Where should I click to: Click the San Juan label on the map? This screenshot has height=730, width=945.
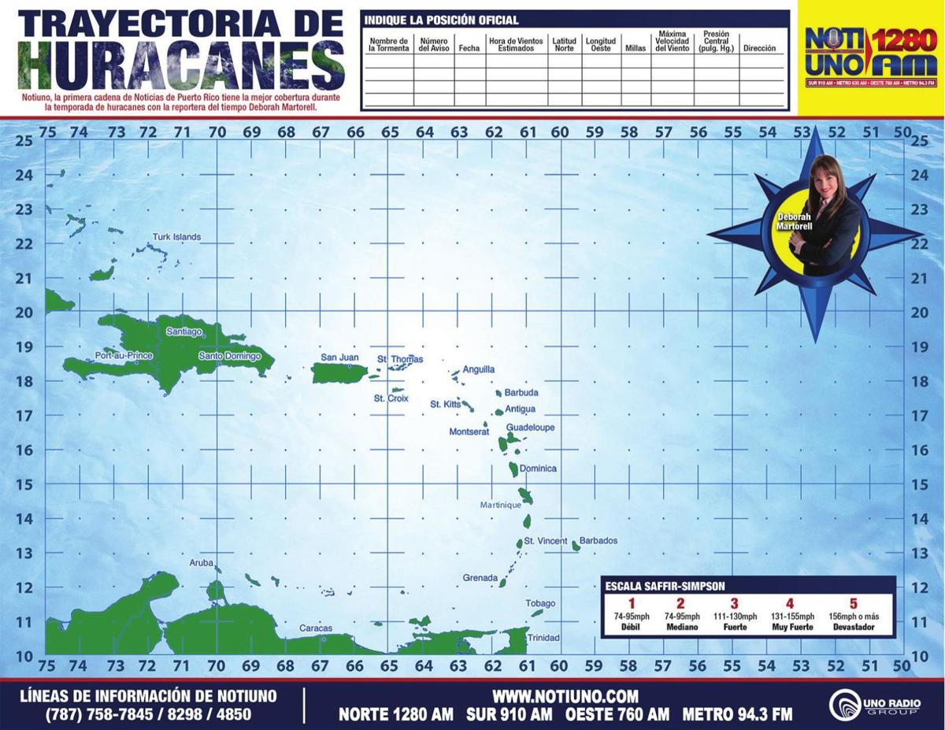pyautogui.click(x=339, y=358)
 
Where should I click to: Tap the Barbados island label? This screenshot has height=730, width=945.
pyautogui.click(x=598, y=541)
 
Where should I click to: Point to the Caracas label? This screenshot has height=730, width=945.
pyautogui.click(x=315, y=628)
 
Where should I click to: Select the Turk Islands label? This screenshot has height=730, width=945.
pyautogui.click(x=176, y=237)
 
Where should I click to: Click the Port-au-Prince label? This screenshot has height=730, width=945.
pyautogui.click(x=123, y=355)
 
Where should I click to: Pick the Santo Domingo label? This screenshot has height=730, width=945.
pyautogui.click(x=229, y=356)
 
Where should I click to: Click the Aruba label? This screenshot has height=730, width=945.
pyautogui.click(x=201, y=563)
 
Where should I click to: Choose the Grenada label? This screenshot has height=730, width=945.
pyautogui.click(x=480, y=578)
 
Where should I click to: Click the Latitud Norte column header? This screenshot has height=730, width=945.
pyautogui.click(x=564, y=44)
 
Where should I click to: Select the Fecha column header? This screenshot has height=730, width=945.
pyautogui.click(x=469, y=48)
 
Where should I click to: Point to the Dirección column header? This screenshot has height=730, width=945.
pyautogui.click(x=759, y=48)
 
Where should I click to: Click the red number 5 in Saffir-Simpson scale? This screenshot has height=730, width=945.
pyautogui.click(x=853, y=604)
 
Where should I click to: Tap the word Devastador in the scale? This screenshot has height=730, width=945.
pyautogui.click(x=853, y=628)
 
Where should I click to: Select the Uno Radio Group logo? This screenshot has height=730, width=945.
pyautogui.click(x=873, y=701)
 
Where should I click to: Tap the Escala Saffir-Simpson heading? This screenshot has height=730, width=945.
pyautogui.click(x=665, y=586)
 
